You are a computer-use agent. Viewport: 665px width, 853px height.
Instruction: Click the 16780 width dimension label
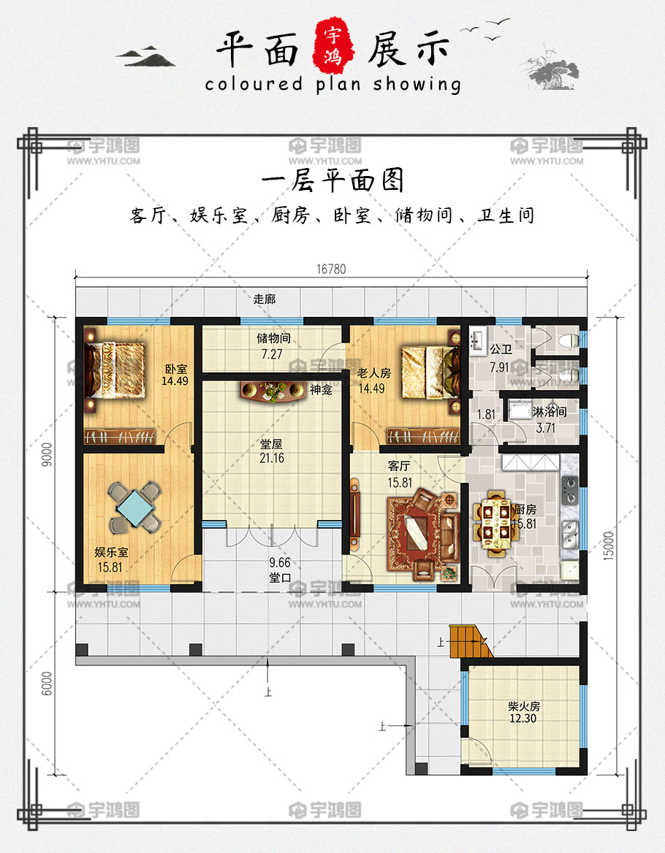tap(331, 269)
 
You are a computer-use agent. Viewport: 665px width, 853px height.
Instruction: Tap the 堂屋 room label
tap(272, 445)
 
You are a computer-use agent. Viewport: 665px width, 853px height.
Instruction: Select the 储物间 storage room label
tap(273, 338)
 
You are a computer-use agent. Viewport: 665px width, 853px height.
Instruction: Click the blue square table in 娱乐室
tap(134, 507)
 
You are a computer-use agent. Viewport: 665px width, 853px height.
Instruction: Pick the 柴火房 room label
tap(524, 706)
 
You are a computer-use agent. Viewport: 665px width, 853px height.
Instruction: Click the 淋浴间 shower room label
tap(549, 412)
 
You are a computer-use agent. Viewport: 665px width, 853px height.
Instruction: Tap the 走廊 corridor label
tap(265, 299)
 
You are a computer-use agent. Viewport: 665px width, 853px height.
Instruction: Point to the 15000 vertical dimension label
tap(609, 546)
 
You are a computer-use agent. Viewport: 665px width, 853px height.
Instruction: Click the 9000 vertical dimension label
tap(47, 455)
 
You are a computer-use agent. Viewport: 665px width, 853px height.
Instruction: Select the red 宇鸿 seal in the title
tap(333, 46)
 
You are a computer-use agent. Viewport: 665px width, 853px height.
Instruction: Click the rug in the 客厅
tap(420, 533)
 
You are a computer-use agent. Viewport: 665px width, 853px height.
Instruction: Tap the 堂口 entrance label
tap(281, 578)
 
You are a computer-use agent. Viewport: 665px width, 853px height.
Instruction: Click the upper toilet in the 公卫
tap(568, 340)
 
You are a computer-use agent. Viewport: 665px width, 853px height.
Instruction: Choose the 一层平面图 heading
tap(332, 180)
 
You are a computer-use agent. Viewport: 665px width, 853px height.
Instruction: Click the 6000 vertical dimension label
tap(47, 684)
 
